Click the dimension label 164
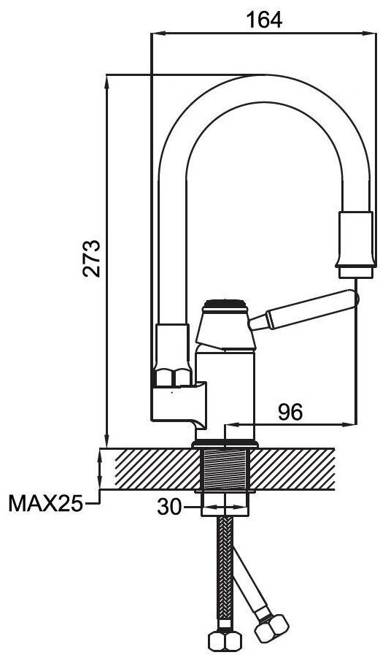[x=265, y=20]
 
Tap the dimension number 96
[x=290, y=413]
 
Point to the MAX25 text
[x=45, y=504]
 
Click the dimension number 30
[x=169, y=507]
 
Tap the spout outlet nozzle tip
[x=355, y=272]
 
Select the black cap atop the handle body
[x=225, y=304]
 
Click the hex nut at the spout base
[x=173, y=377]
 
